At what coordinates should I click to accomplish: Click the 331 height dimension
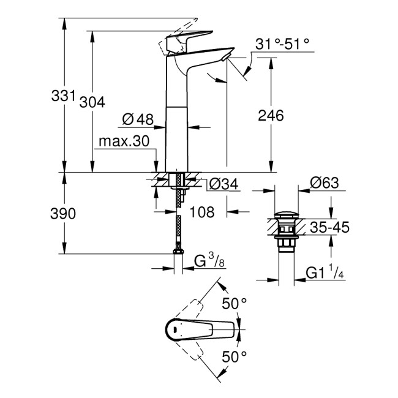[x=64, y=96]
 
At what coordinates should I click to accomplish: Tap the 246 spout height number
[x=271, y=115]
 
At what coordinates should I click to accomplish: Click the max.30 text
[x=124, y=142]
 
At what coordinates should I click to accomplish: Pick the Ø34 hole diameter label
[x=222, y=184]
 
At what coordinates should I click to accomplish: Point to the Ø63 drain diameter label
[x=325, y=183]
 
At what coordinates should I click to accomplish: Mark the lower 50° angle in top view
[x=234, y=355]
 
